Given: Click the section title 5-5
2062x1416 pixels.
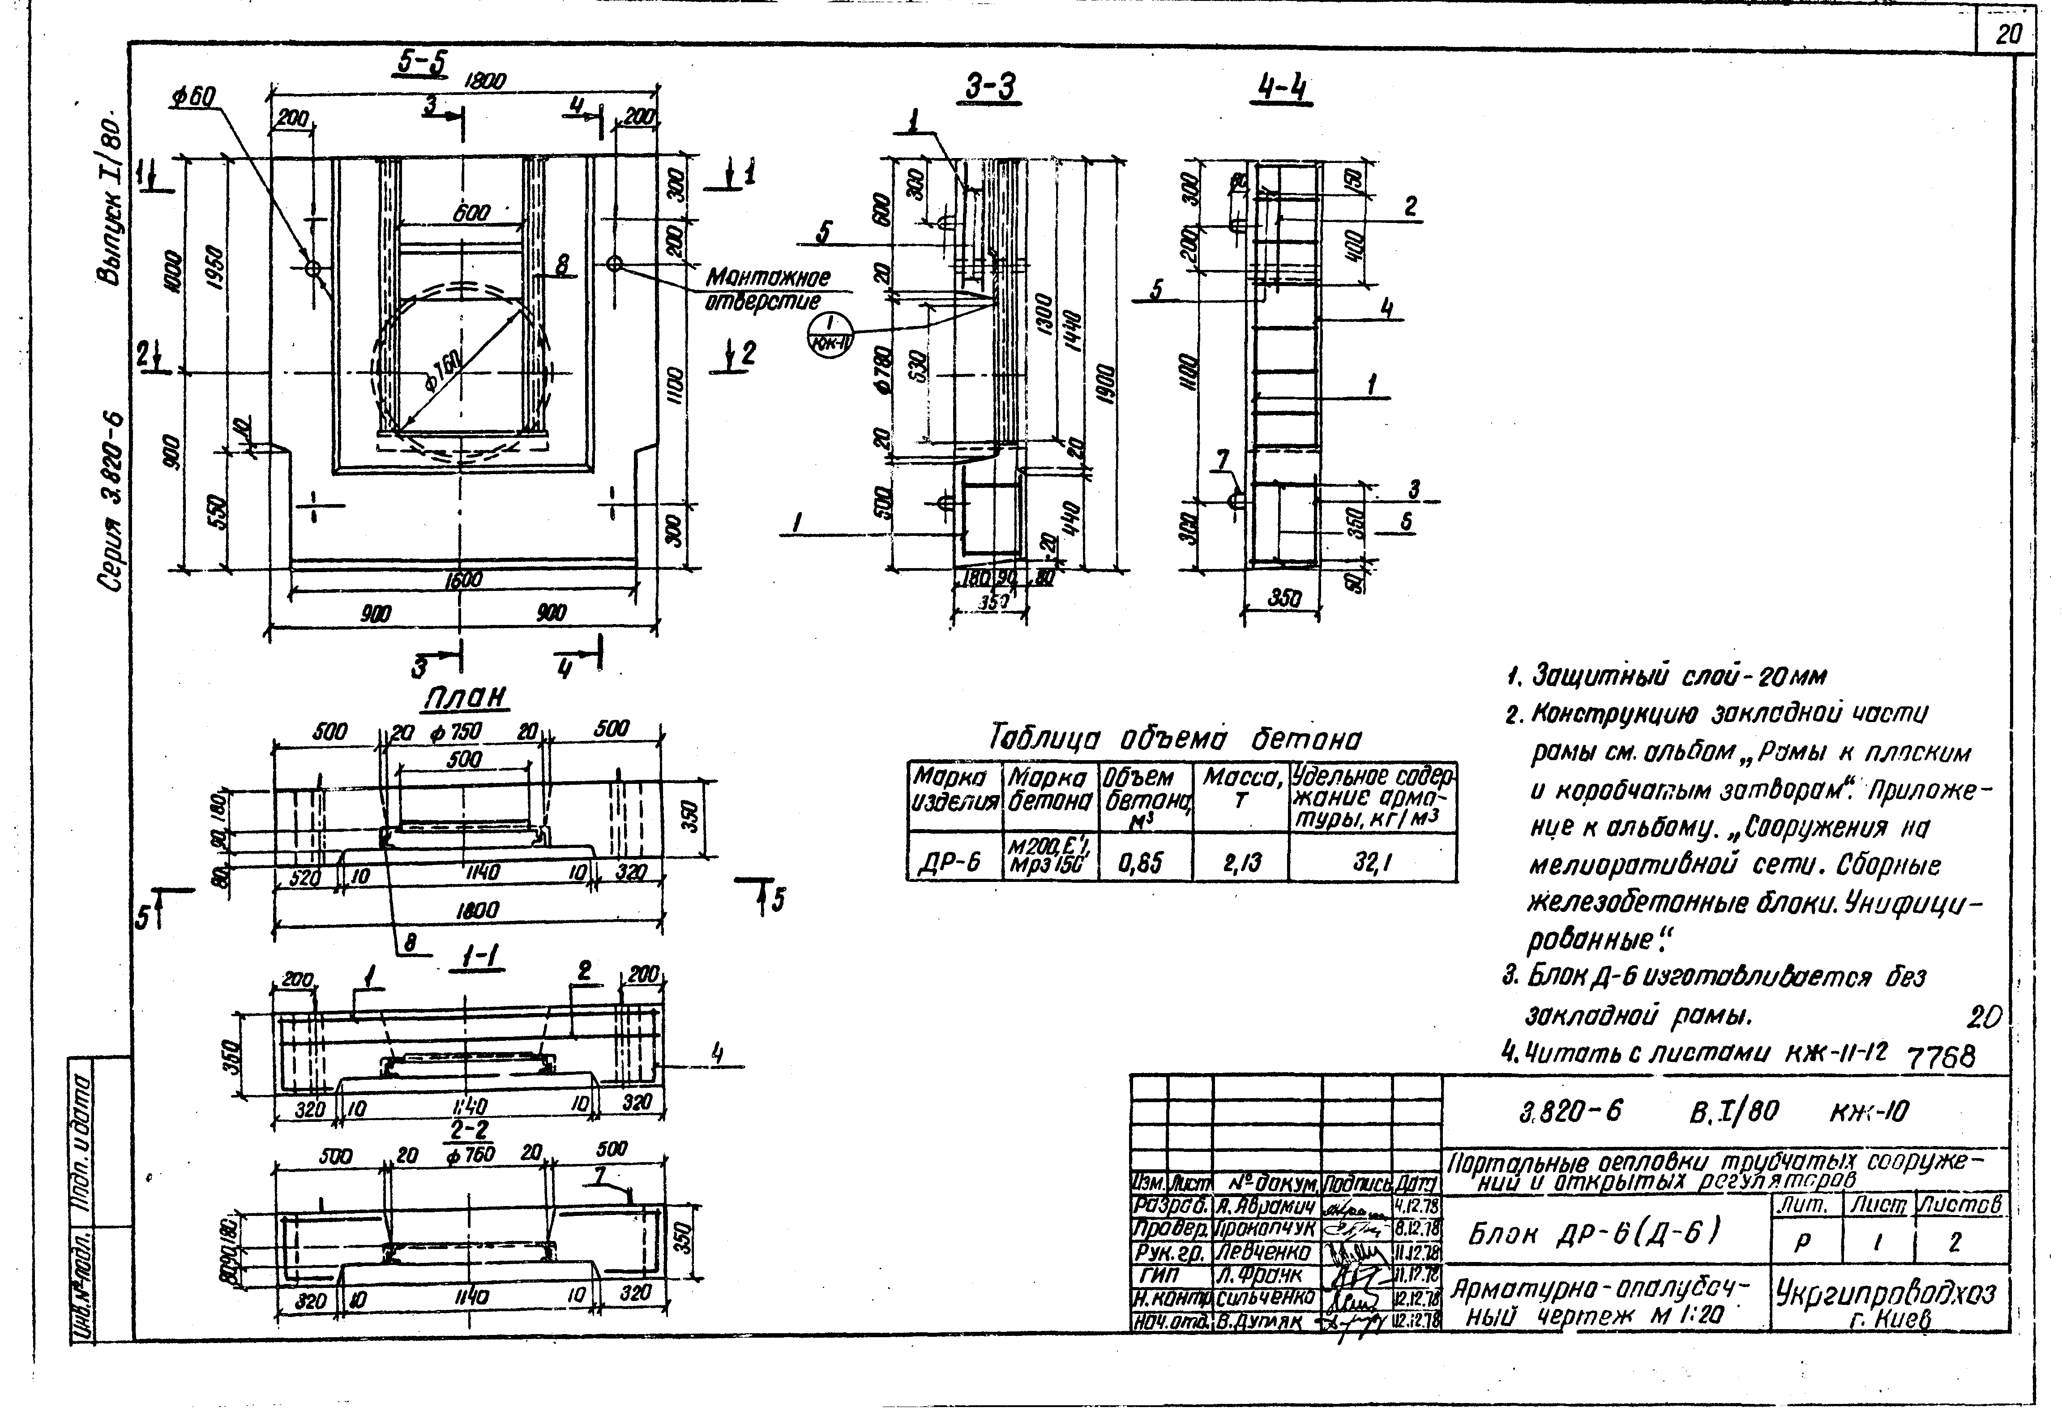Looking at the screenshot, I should tap(422, 62).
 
